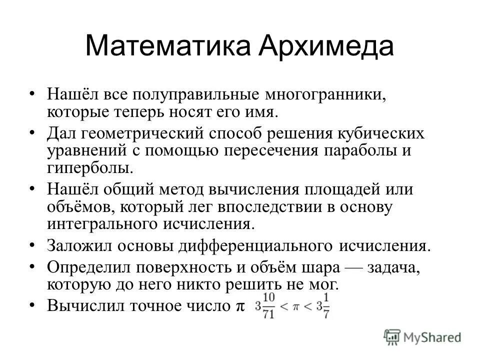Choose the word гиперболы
pyautogui.click(x=90, y=167)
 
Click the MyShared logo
pyautogui.click(x=422, y=337)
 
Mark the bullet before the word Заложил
pyautogui.click(x=32, y=245)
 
